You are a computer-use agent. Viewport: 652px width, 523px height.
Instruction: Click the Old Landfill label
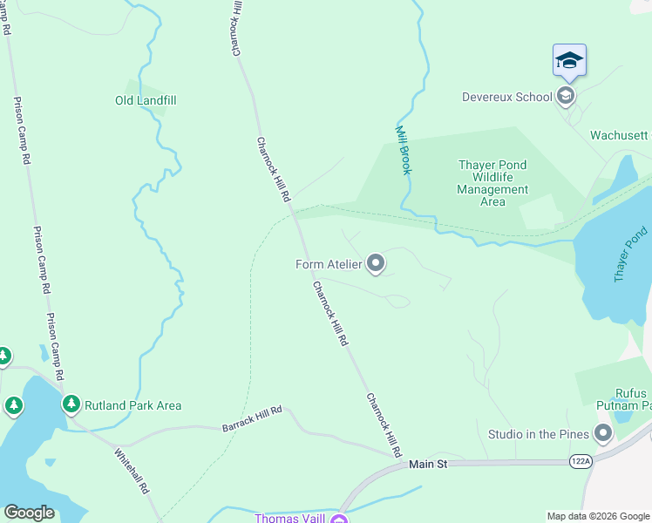click(x=146, y=100)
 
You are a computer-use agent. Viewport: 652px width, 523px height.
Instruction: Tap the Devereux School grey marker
click(x=566, y=96)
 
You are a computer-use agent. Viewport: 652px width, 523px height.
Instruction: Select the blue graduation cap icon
click(x=569, y=60)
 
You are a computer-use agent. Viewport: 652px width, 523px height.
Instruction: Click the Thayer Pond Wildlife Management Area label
click(x=492, y=183)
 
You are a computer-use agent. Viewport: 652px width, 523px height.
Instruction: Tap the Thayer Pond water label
click(x=632, y=254)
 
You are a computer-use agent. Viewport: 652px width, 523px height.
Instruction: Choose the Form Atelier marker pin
click(x=376, y=263)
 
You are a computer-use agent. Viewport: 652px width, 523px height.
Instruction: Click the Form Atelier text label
click(x=329, y=265)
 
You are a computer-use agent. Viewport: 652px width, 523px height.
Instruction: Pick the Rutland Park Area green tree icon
click(x=71, y=404)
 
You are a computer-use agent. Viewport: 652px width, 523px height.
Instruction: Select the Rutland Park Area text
click(x=132, y=405)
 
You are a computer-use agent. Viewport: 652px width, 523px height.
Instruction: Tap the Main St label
click(x=428, y=465)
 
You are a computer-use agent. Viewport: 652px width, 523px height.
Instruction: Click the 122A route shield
click(x=581, y=459)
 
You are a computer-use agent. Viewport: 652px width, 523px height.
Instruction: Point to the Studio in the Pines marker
click(x=602, y=433)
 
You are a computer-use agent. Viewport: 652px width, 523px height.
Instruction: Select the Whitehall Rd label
click(x=132, y=471)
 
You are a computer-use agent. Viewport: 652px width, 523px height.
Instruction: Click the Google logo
click(x=29, y=513)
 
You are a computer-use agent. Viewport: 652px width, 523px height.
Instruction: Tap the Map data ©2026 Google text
click(x=597, y=516)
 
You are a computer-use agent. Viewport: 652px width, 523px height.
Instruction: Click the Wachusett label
click(x=620, y=135)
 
